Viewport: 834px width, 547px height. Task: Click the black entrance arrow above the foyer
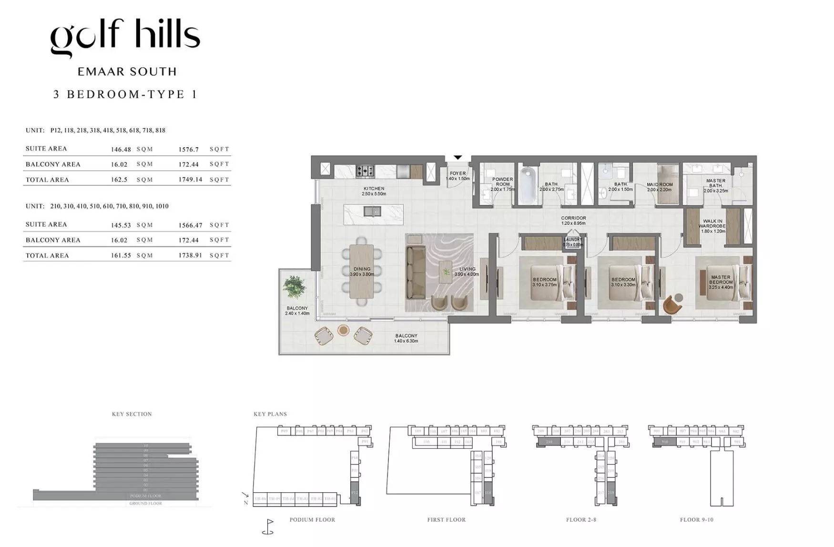coord(458,157)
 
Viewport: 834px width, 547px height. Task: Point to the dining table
coord(362,272)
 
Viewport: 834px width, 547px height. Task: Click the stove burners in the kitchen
coord(365,171)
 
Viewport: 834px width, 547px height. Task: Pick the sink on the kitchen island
coord(372,211)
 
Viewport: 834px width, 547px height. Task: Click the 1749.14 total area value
coord(190,180)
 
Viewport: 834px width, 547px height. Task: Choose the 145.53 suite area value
coord(121,225)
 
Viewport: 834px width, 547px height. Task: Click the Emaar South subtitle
coord(127,72)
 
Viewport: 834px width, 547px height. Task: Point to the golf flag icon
coord(268,526)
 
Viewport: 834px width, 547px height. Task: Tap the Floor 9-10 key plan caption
coord(696,519)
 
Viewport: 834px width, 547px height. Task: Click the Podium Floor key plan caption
coord(312,519)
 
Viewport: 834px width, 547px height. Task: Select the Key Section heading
coord(132,414)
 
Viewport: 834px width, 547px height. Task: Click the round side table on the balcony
coord(343,330)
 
